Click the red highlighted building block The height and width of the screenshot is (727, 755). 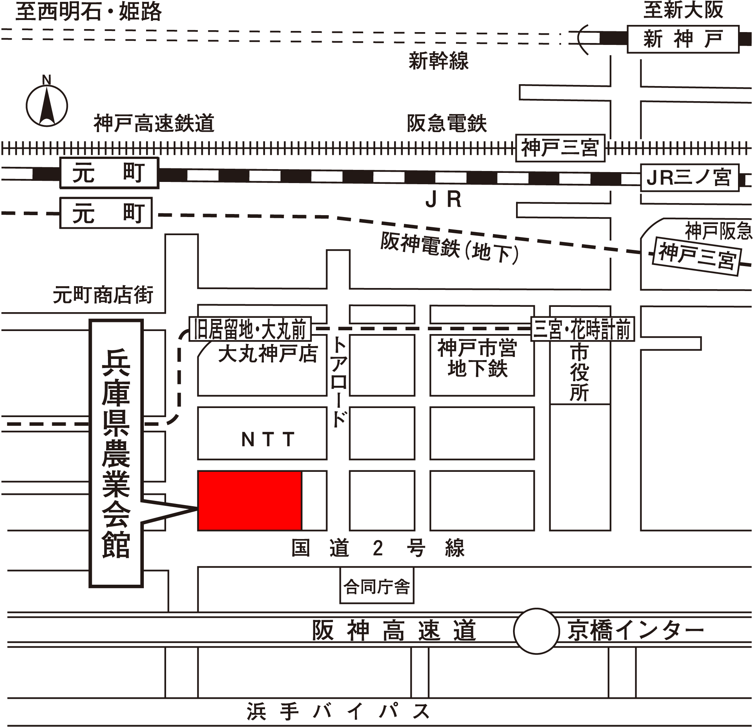pos(250,500)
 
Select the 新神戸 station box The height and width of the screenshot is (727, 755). pos(683,39)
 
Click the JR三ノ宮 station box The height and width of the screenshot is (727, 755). pos(689,178)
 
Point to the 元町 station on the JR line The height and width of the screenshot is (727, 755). pos(109,173)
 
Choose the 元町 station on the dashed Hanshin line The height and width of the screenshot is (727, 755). pos(106,213)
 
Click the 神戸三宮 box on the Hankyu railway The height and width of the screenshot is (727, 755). pos(560,148)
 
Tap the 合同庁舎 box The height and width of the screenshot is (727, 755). pos(377,587)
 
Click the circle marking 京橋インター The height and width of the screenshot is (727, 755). pos(536,631)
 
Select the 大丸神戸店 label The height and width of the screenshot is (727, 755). pos(268,354)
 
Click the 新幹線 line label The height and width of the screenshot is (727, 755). pos(438,61)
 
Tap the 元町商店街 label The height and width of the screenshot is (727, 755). pos(103,295)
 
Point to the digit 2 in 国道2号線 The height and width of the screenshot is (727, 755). pos(378,548)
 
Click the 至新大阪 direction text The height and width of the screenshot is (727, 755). pos(683,11)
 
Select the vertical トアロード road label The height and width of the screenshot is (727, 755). pos(339,381)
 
